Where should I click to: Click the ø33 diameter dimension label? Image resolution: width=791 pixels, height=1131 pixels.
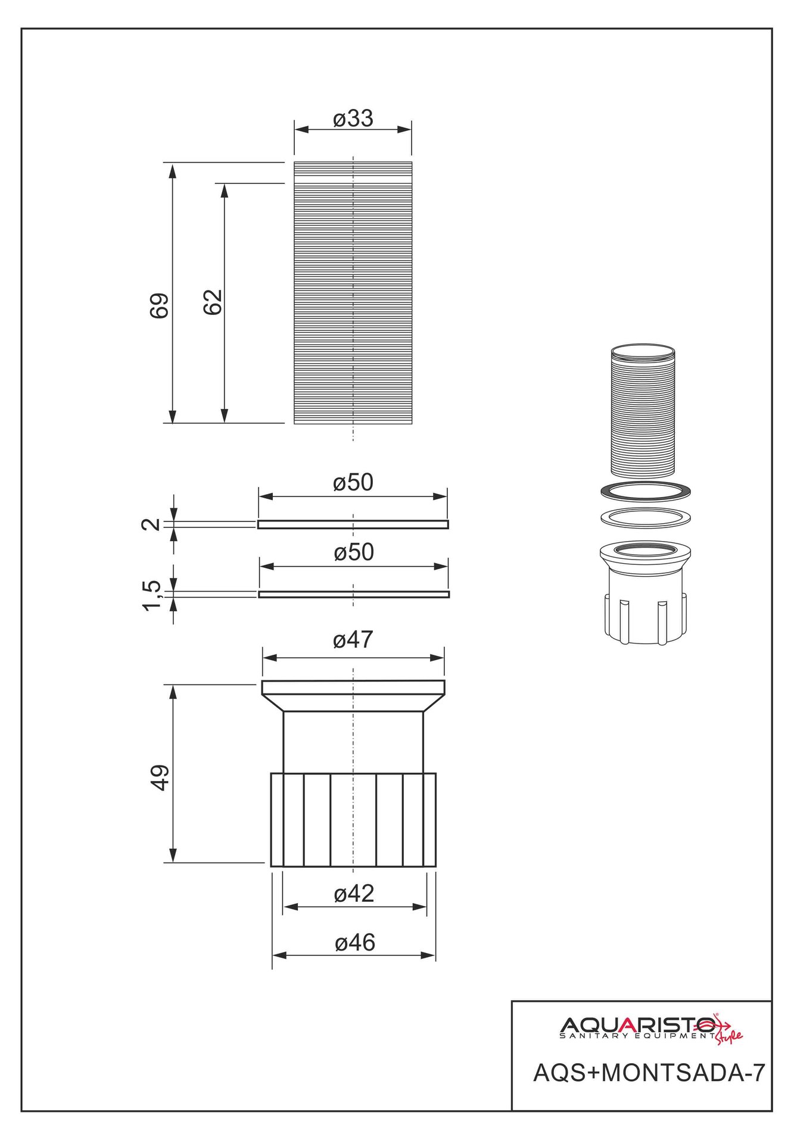click(353, 118)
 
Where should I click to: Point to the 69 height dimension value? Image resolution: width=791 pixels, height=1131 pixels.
click(159, 306)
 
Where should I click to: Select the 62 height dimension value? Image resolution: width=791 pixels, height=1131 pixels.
click(212, 302)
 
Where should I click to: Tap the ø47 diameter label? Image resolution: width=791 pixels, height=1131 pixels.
click(353, 640)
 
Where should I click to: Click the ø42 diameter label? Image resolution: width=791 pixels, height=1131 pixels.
click(354, 894)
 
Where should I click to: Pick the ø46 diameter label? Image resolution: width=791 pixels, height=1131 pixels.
click(355, 943)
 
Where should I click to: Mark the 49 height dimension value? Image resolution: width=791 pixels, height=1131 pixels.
click(160, 777)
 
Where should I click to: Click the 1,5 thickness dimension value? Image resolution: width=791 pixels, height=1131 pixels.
click(152, 595)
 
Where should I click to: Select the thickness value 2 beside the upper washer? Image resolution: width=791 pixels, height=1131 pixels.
click(151, 524)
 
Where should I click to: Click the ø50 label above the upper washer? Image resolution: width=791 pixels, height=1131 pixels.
click(353, 483)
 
